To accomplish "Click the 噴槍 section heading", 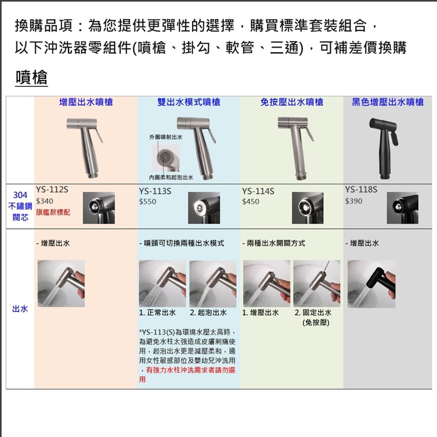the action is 31,77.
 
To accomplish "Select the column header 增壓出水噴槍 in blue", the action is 86,102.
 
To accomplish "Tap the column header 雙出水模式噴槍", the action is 189,102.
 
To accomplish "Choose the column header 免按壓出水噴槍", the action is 292,102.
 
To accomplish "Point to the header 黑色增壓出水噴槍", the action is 387,102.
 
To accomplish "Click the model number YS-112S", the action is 52,189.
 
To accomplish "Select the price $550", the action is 147,201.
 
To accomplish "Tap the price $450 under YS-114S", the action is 251,201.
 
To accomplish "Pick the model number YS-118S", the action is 361,189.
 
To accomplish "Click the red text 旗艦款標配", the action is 53,213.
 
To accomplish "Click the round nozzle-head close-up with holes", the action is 166,158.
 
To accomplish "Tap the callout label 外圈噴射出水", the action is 166,137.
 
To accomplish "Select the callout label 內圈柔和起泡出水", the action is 171,177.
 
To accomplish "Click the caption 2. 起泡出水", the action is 208,313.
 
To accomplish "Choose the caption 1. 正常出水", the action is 157,313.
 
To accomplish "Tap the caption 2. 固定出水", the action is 313,313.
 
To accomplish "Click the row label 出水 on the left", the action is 20,309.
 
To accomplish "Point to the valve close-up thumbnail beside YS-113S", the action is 204,208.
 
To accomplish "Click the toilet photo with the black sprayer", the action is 372,284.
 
